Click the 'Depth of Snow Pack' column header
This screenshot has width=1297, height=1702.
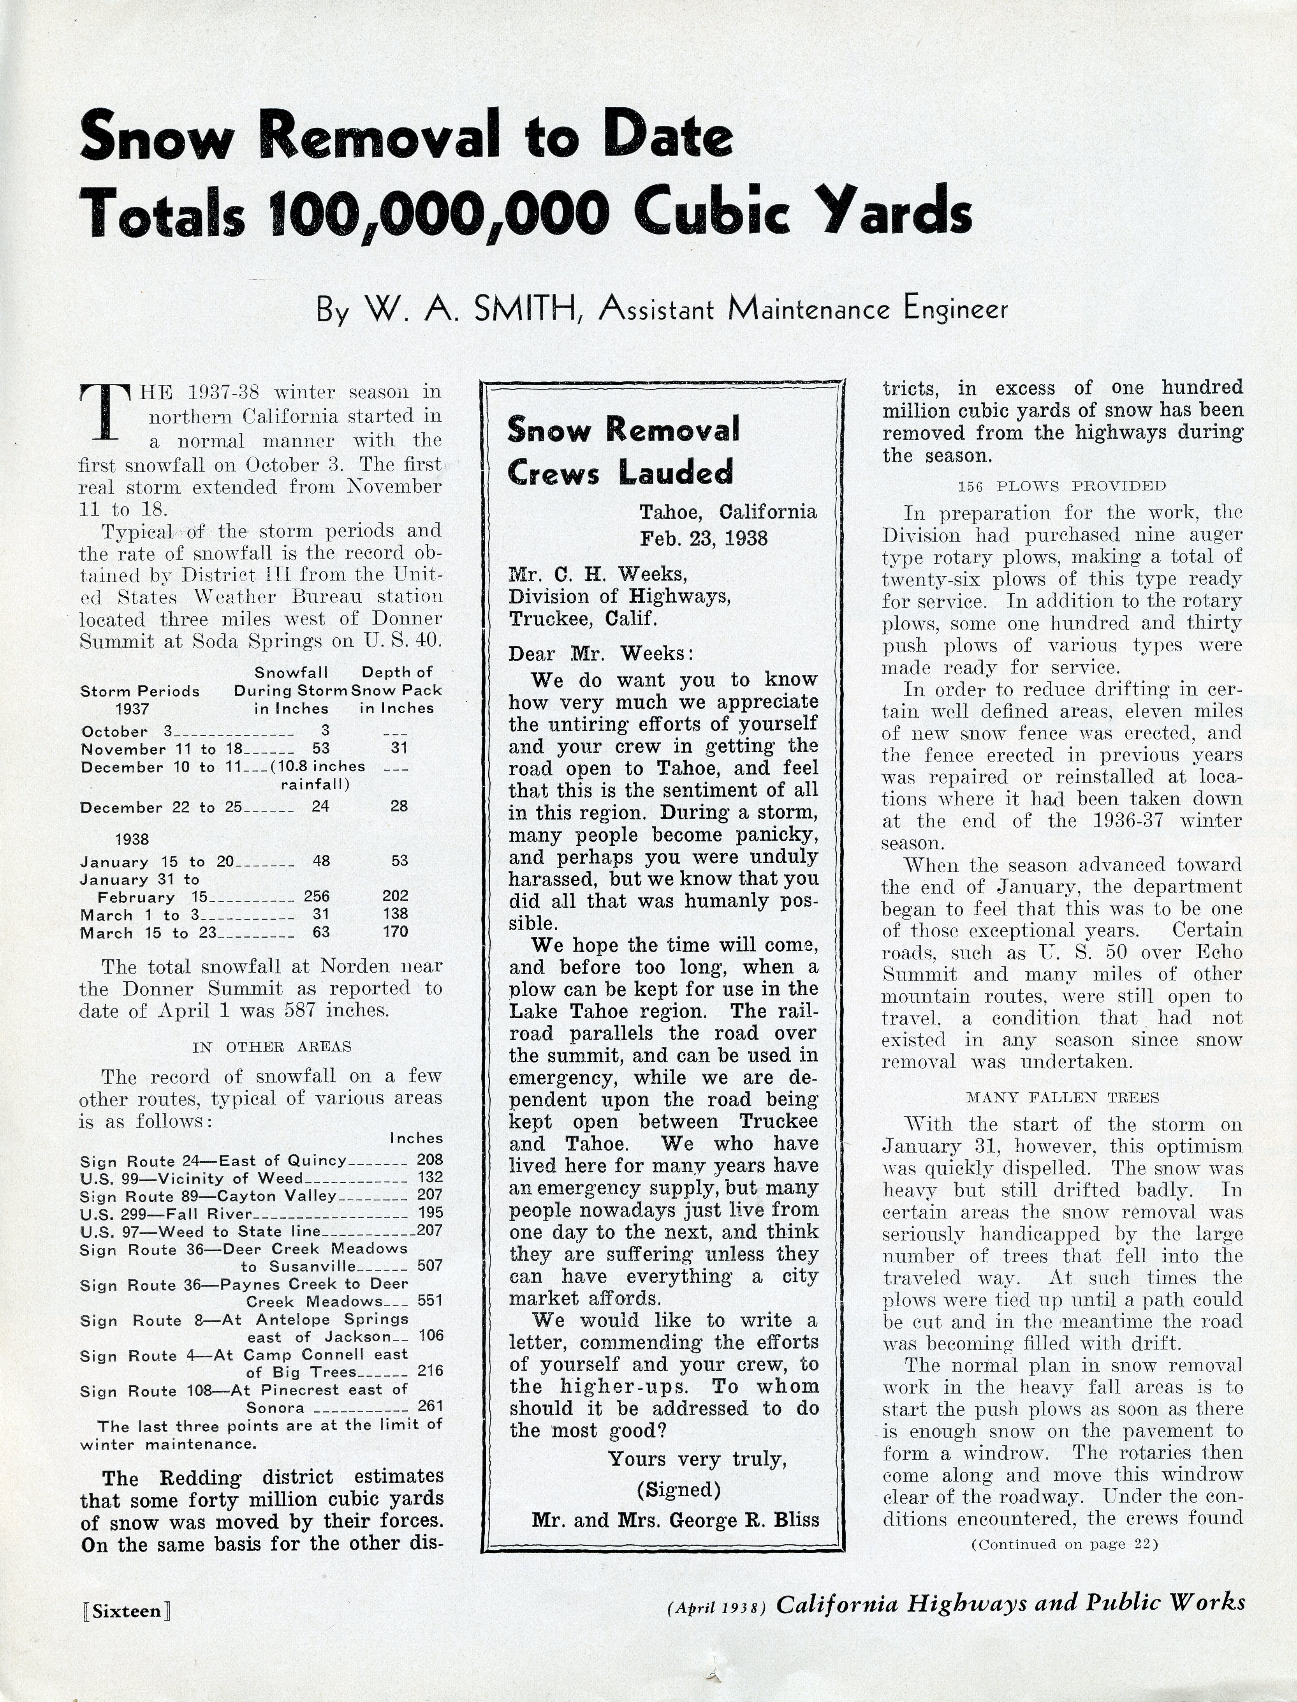pos(397,690)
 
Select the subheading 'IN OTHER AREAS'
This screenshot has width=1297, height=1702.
pos(272,1047)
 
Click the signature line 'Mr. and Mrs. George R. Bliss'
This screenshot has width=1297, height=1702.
pos(675,1520)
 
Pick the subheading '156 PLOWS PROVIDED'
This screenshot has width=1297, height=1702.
pos(1061,486)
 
